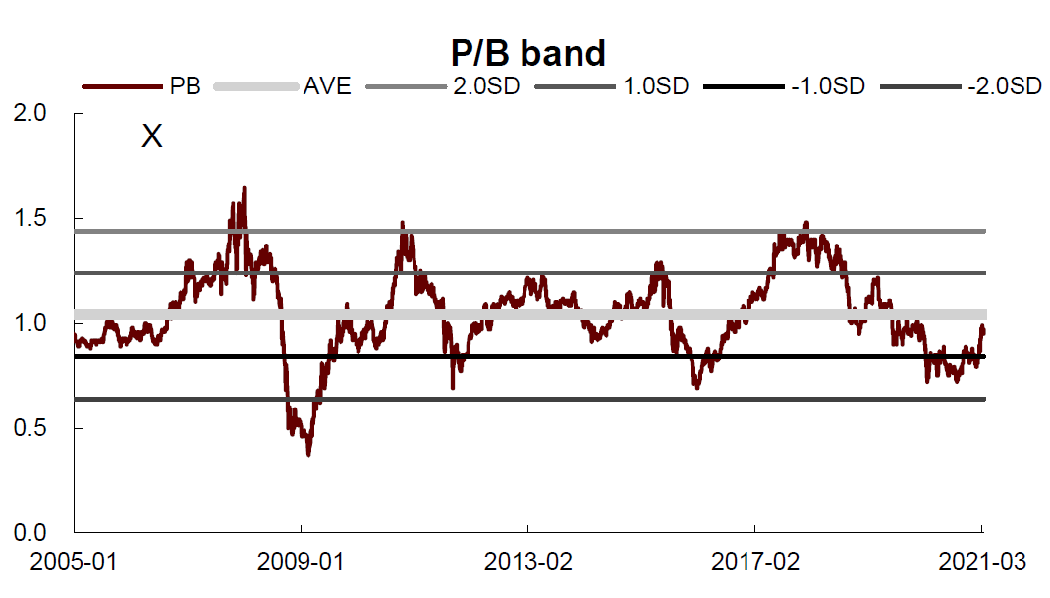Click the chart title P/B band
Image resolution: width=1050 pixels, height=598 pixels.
click(528, 53)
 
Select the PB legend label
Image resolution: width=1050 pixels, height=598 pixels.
click(186, 86)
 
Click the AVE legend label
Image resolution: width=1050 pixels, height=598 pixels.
click(327, 86)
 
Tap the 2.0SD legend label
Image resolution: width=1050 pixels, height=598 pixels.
click(486, 86)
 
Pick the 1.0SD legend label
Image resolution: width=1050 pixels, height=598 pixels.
click(655, 86)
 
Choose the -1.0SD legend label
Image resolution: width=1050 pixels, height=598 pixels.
click(828, 86)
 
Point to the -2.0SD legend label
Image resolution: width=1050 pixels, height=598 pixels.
click(1005, 86)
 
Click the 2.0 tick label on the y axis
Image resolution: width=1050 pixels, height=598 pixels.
click(30, 113)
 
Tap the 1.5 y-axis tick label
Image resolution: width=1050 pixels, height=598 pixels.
click(30, 218)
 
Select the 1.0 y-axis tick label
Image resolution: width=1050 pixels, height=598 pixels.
click(30, 323)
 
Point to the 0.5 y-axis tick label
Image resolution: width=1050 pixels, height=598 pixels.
click(30, 427)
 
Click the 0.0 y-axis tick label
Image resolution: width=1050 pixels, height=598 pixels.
click(30, 532)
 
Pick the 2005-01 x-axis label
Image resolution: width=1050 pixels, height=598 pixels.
click(74, 561)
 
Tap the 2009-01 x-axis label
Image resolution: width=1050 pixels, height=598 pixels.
click(301, 561)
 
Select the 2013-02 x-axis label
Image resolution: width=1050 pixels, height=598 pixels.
click(528, 561)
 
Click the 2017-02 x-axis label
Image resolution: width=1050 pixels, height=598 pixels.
click(755, 561)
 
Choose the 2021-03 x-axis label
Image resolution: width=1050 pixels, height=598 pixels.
click(982, 561)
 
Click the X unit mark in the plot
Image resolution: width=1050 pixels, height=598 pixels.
click(152, 136)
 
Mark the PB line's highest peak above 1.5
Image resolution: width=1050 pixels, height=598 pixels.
click(244, 188)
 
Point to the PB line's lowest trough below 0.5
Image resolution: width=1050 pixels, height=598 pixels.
click(308, 455)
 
